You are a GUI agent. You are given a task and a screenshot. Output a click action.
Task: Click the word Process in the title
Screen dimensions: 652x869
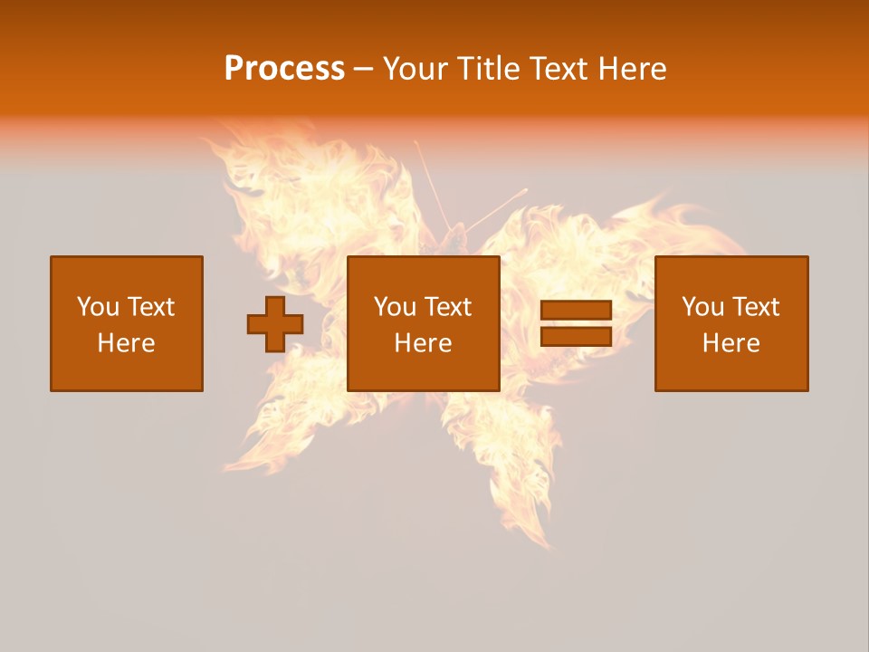coord(284,69)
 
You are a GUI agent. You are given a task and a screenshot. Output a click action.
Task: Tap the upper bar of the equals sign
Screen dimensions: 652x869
coord(576,311)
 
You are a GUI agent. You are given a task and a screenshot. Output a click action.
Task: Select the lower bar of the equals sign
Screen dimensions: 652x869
coord(576,337)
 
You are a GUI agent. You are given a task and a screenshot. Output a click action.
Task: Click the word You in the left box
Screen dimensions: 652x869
coord(98,307)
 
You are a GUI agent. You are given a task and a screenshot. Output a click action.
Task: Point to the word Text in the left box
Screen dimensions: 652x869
coord(150,307)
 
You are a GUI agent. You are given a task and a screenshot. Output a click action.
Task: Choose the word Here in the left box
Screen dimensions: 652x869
coord(126,343)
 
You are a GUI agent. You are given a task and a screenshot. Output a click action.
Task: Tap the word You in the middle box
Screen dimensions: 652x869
coord(395,307)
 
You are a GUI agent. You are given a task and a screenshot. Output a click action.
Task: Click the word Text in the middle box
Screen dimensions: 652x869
coord(447,307)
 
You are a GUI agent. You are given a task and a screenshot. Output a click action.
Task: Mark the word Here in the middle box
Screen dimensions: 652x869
coord(423,343)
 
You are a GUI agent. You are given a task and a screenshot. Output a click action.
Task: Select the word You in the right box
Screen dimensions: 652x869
coord(702,307)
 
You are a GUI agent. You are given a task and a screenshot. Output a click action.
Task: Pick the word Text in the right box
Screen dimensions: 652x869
coord(755,307)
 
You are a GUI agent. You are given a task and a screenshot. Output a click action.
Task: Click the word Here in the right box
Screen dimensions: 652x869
coord(731,343)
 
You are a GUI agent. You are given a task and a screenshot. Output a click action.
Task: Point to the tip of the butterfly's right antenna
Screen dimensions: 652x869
coord(526,190)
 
